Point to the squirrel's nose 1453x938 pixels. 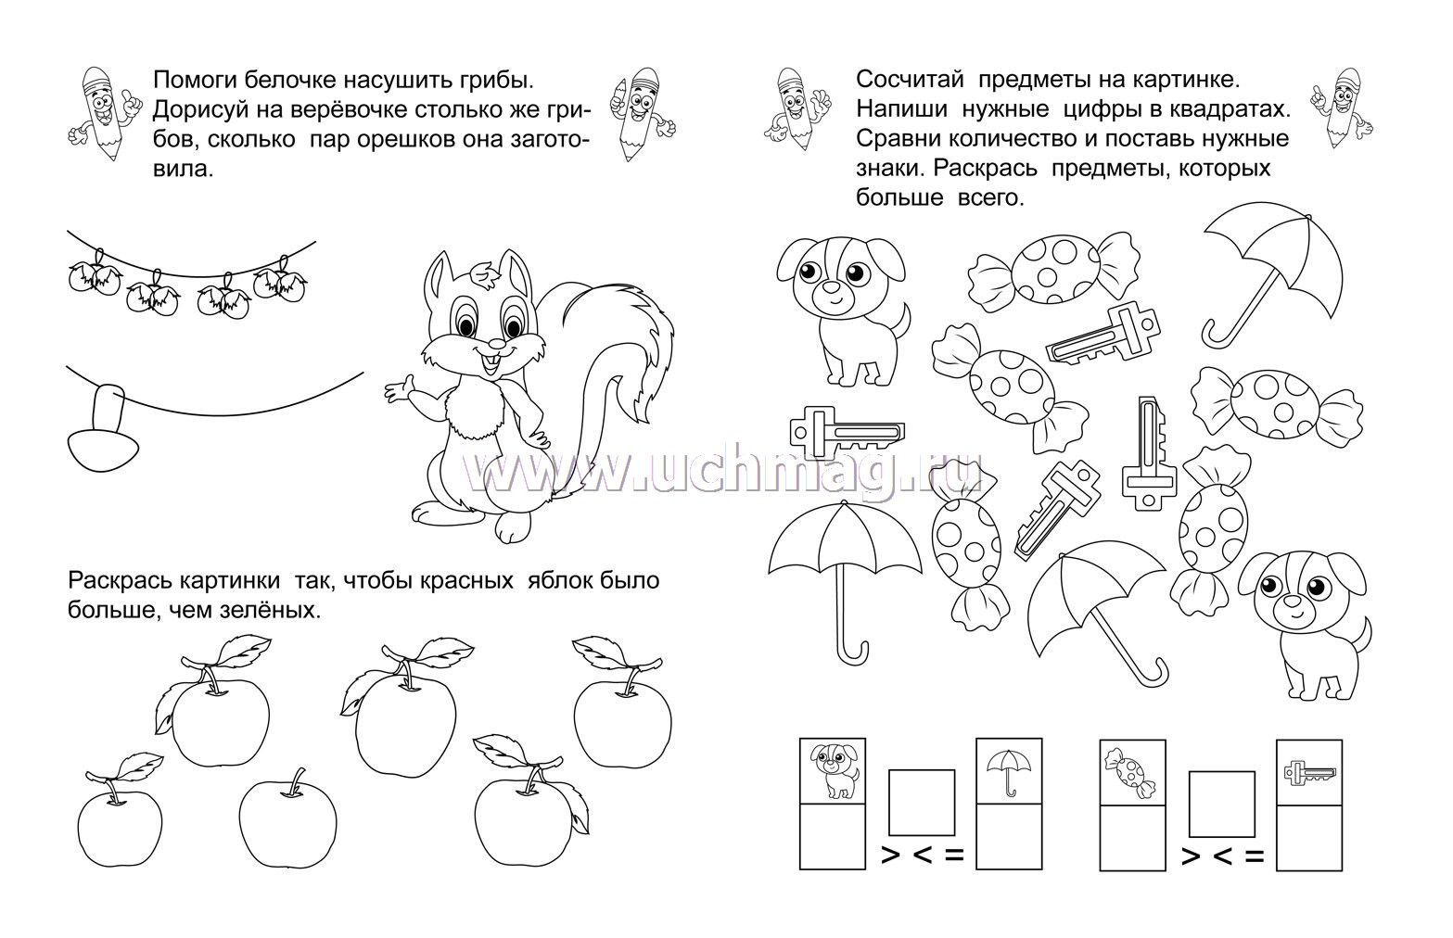click(x=495, y=342)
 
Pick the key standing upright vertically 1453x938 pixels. click(x=1149, y=454)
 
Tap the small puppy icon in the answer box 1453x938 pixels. click(x=834, y=771)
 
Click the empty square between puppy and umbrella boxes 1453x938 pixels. click(x=921, y=803)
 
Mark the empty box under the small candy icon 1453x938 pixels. click(x=1132, y=838)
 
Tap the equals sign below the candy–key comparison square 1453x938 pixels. click(x=1255, y=857)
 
